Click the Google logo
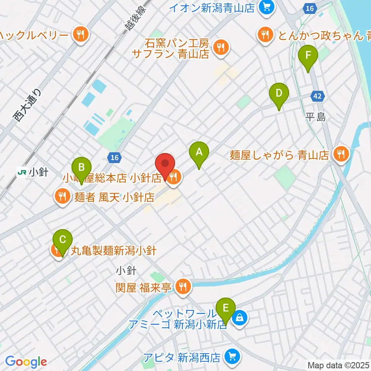click(26, 362)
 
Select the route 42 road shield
click(317, 97)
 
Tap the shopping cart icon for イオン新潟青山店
click(266, 7)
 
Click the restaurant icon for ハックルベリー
click(81, 36)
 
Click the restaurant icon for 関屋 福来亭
click(182, 287)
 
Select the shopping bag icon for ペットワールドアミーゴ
click(240, 318)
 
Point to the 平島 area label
click(316, 117)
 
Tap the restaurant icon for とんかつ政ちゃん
click(265, 36)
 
